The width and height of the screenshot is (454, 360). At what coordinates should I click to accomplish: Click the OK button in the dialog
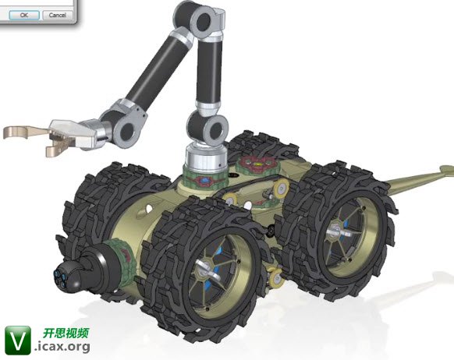tap(24, 15)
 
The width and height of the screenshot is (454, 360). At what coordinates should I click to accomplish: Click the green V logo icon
tap(18, 341)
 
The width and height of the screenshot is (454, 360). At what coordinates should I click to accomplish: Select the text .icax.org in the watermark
tap(62, 346)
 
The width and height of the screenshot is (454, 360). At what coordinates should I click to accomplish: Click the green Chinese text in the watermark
tap(66, 333)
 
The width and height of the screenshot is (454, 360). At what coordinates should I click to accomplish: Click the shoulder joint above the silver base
tap(208, 128)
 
